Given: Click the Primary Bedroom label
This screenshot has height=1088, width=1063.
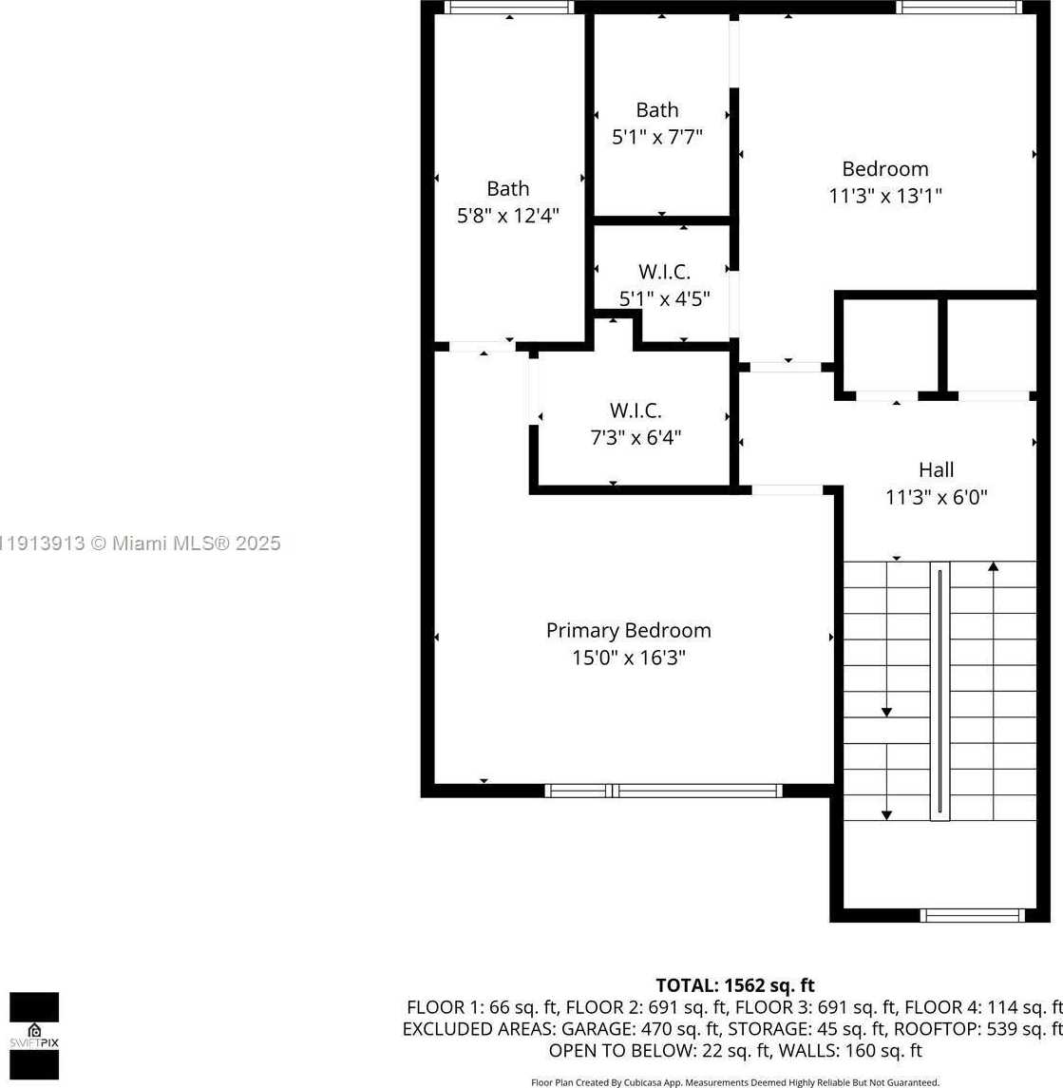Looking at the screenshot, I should pyautogui.click(x=628, y=630).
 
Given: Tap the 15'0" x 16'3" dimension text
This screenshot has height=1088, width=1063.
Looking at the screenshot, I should pyautogui.click(x=628, y=658).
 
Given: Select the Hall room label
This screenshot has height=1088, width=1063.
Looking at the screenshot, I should pyautogui.click(x=936, y=469).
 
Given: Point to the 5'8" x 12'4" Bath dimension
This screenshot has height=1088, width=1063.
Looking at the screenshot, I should pyautogui.click(x=508, y=216).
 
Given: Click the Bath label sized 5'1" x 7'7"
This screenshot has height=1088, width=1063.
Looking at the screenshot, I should pyautogui.click(x=657, y=110).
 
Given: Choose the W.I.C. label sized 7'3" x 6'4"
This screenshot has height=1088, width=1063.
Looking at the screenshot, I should pyautogui.click(x=636, y=410).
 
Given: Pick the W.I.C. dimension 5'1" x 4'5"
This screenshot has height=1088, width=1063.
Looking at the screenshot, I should pyautogui.click(x=664, y=298).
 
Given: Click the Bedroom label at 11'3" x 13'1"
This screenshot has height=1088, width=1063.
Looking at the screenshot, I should pyautogui.click(x=885, y=169).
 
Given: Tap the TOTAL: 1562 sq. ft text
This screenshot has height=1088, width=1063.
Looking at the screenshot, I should pyautogui.click(x=734, y=985).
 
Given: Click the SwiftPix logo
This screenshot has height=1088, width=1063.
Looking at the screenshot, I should pyautogui.click(x=34, y=1035).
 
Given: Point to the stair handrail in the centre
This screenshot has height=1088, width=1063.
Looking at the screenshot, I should pyautogui.click(x=940, y=691).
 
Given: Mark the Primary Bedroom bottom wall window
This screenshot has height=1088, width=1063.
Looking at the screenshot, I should pyautogui.click(x=663, y=791).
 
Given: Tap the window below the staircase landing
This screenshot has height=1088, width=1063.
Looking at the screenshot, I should pyautogui.click(x=972, y=916).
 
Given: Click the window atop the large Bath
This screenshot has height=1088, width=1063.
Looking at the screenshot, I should pyautogui.click(x=509, y=7).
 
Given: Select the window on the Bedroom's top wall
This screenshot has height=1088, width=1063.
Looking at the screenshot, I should pyautogui.click(x=959, y=7).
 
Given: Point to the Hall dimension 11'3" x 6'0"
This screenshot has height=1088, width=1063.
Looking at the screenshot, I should pyautogui.click(x=936, y=497).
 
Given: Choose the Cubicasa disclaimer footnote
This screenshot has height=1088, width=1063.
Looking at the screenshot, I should pyautogui.click(x=734, y=1082).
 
